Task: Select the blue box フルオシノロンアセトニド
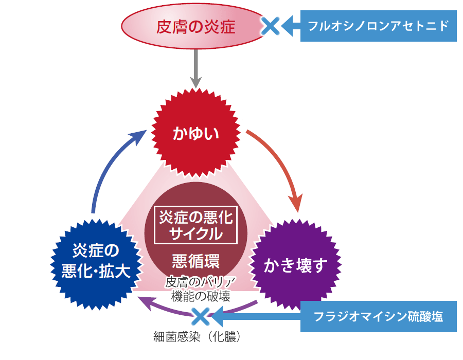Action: point(379,25)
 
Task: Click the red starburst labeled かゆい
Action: point(196,134)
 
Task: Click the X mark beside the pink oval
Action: point(270,25)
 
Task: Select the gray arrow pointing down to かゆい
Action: point(195,67)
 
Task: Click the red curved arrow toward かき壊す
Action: point(280,165)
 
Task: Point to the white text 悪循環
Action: point(196,261)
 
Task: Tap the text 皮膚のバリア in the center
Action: point(200,282)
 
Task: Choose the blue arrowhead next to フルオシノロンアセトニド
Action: point(291,25)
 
